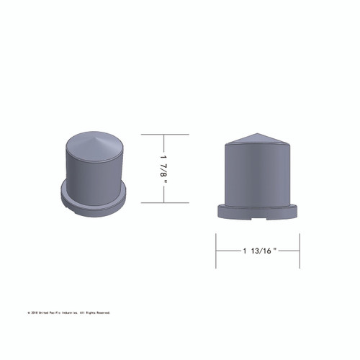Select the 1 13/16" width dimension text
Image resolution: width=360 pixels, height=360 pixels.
point(259,250)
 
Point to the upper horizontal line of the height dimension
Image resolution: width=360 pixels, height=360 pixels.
point(164,135)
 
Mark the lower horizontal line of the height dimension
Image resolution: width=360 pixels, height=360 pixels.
point(164,202)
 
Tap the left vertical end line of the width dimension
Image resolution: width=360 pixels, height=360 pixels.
point(217,250)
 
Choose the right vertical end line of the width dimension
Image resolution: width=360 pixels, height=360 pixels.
point(300,250)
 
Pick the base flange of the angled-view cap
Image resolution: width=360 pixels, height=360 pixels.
point(94,205)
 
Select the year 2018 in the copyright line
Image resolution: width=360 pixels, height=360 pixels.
point(34,312)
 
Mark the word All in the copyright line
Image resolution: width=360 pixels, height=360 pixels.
point(83,312)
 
